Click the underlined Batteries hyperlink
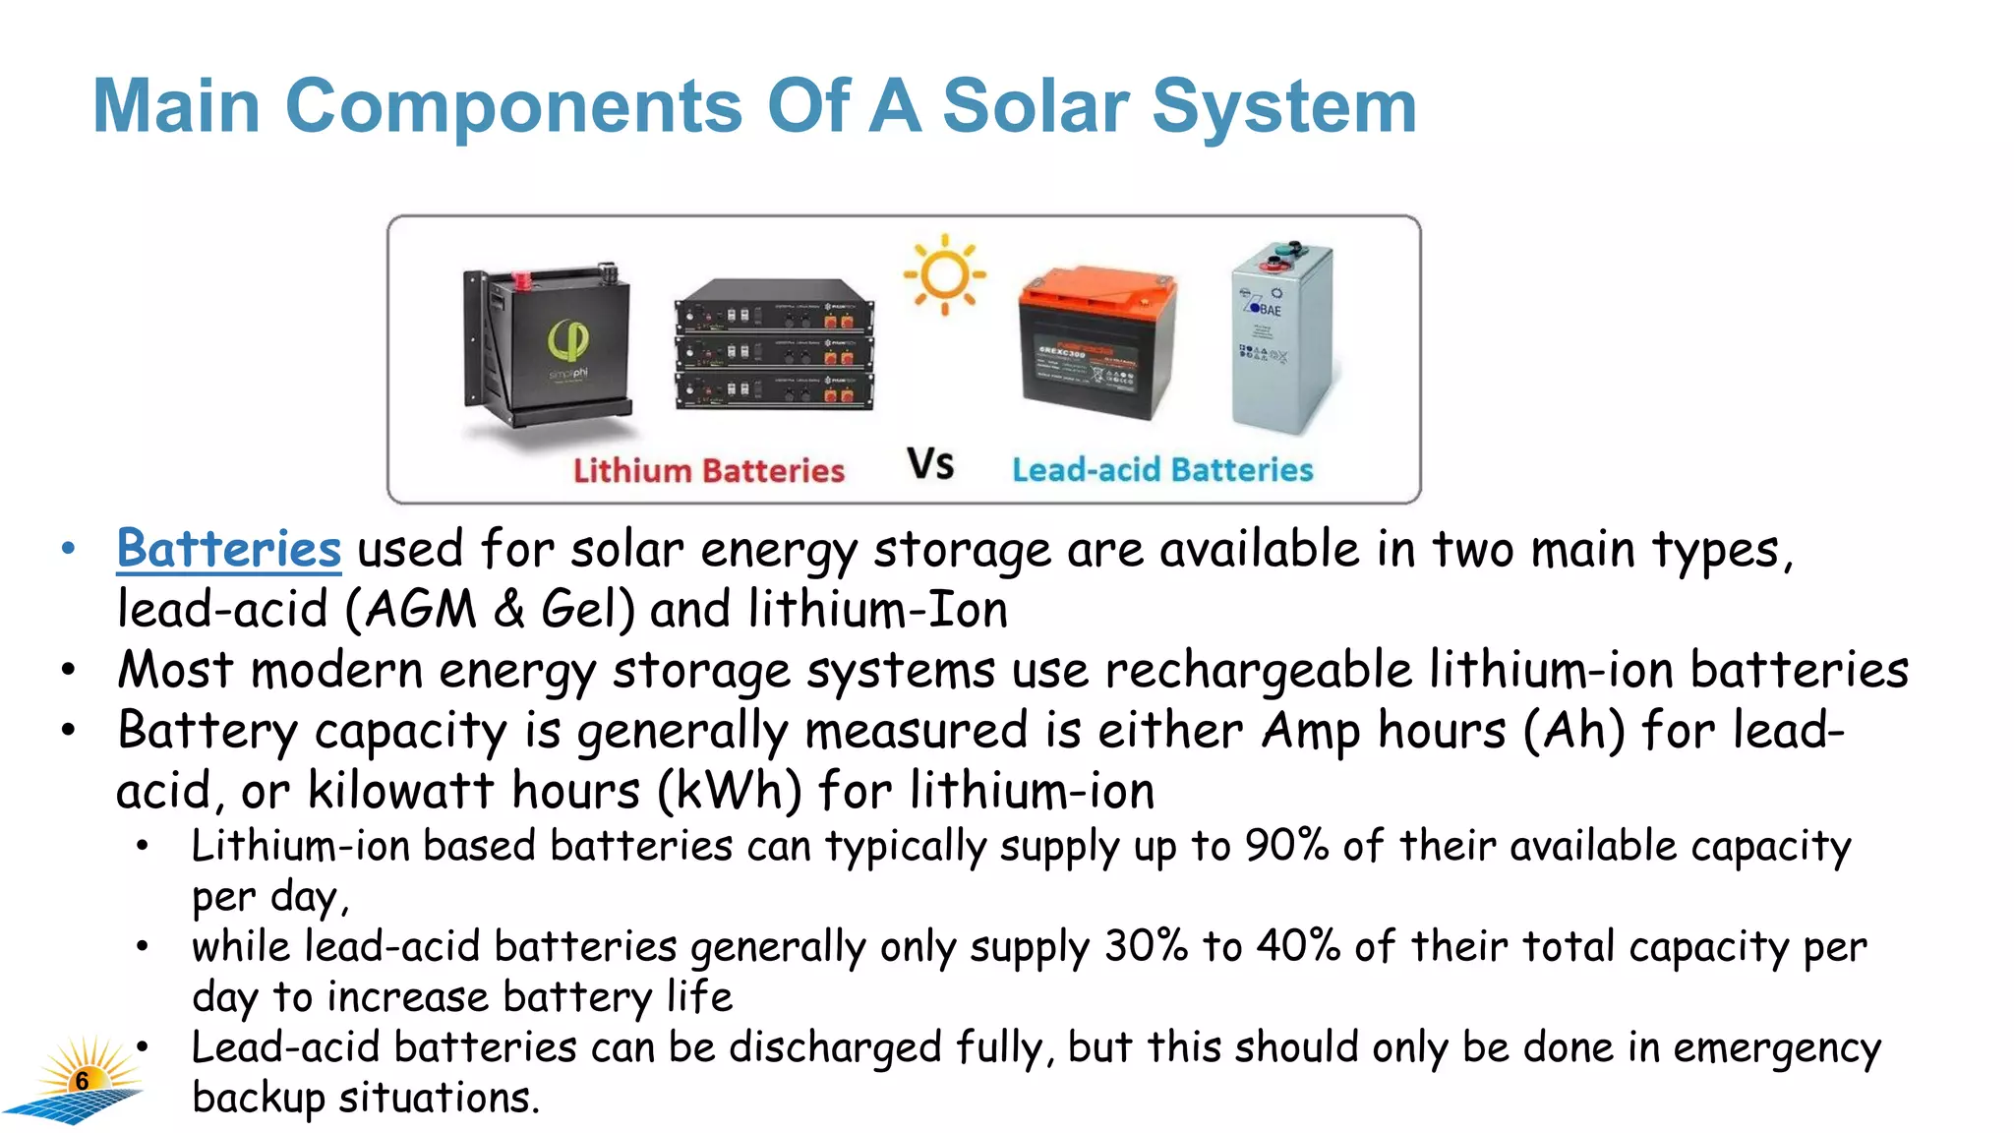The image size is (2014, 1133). coord(229,549)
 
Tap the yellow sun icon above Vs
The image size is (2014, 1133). coord(945,274)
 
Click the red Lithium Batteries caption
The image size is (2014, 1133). coord(709,470)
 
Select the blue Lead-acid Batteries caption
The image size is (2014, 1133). coord(1162,470)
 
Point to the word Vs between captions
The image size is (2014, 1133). coord(930,464)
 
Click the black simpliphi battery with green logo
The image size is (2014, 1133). coord(549,344)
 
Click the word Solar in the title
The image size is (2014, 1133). coord(1036,106)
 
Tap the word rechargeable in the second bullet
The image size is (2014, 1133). coord(1259,671)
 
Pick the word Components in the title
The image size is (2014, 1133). coord(513,106)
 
